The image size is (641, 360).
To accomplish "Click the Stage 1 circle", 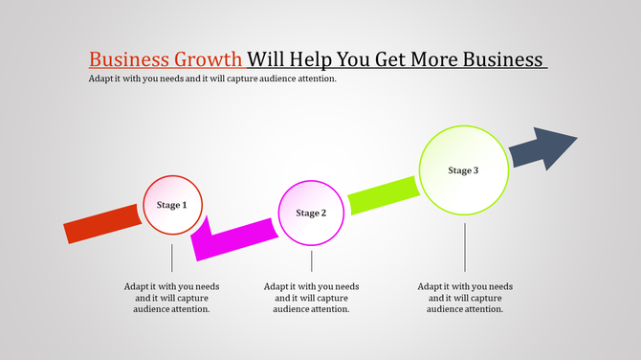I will tap(172, 205).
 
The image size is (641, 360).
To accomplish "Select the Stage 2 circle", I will tap(311, 213).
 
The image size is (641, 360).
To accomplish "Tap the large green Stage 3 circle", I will tap(463, 170).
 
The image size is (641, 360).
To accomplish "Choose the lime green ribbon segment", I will tap(383, 194).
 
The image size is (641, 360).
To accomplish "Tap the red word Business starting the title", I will tap(128, 58).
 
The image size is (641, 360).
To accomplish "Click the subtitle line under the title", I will tap(212, 79).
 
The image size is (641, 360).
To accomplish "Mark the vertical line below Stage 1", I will tap(172, 258).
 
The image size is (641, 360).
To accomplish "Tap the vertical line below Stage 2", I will tap(311, 260).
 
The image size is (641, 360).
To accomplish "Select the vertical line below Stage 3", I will tap(465, 247).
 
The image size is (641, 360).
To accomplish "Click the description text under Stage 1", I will tap(172, 297).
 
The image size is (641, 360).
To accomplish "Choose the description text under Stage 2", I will tap(312, 297).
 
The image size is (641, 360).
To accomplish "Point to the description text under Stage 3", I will tap(466, 297).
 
